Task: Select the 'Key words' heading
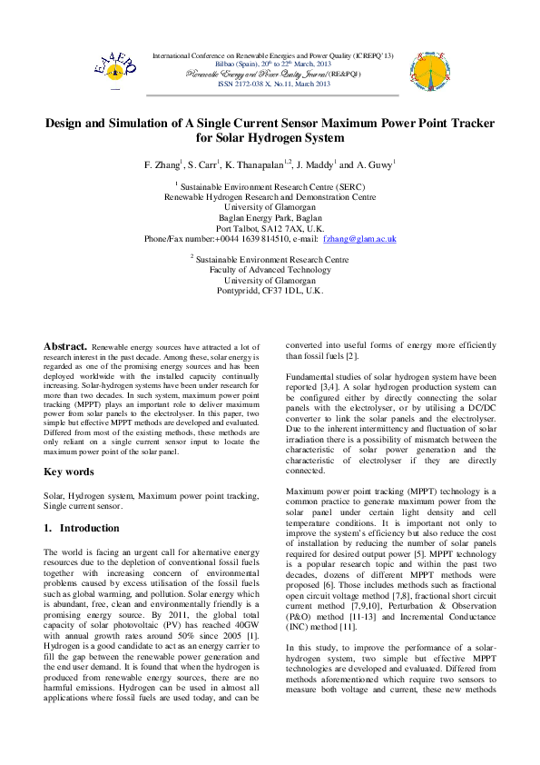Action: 69,472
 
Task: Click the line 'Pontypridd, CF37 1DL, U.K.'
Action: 270,291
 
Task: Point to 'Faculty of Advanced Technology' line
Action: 270,270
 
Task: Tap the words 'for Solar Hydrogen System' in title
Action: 270,138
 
